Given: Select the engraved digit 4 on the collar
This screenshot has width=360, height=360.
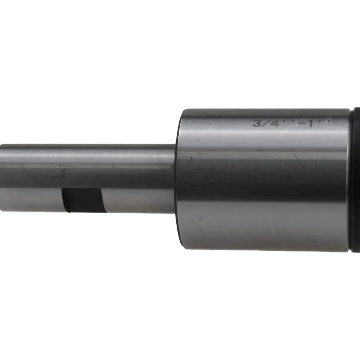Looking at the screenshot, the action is (274, 123).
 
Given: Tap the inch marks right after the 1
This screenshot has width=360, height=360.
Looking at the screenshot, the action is (324, 120).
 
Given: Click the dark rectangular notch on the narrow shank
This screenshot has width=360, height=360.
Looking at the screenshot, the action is (84, 200).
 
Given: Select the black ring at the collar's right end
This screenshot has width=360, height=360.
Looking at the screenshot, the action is (355, 180).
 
